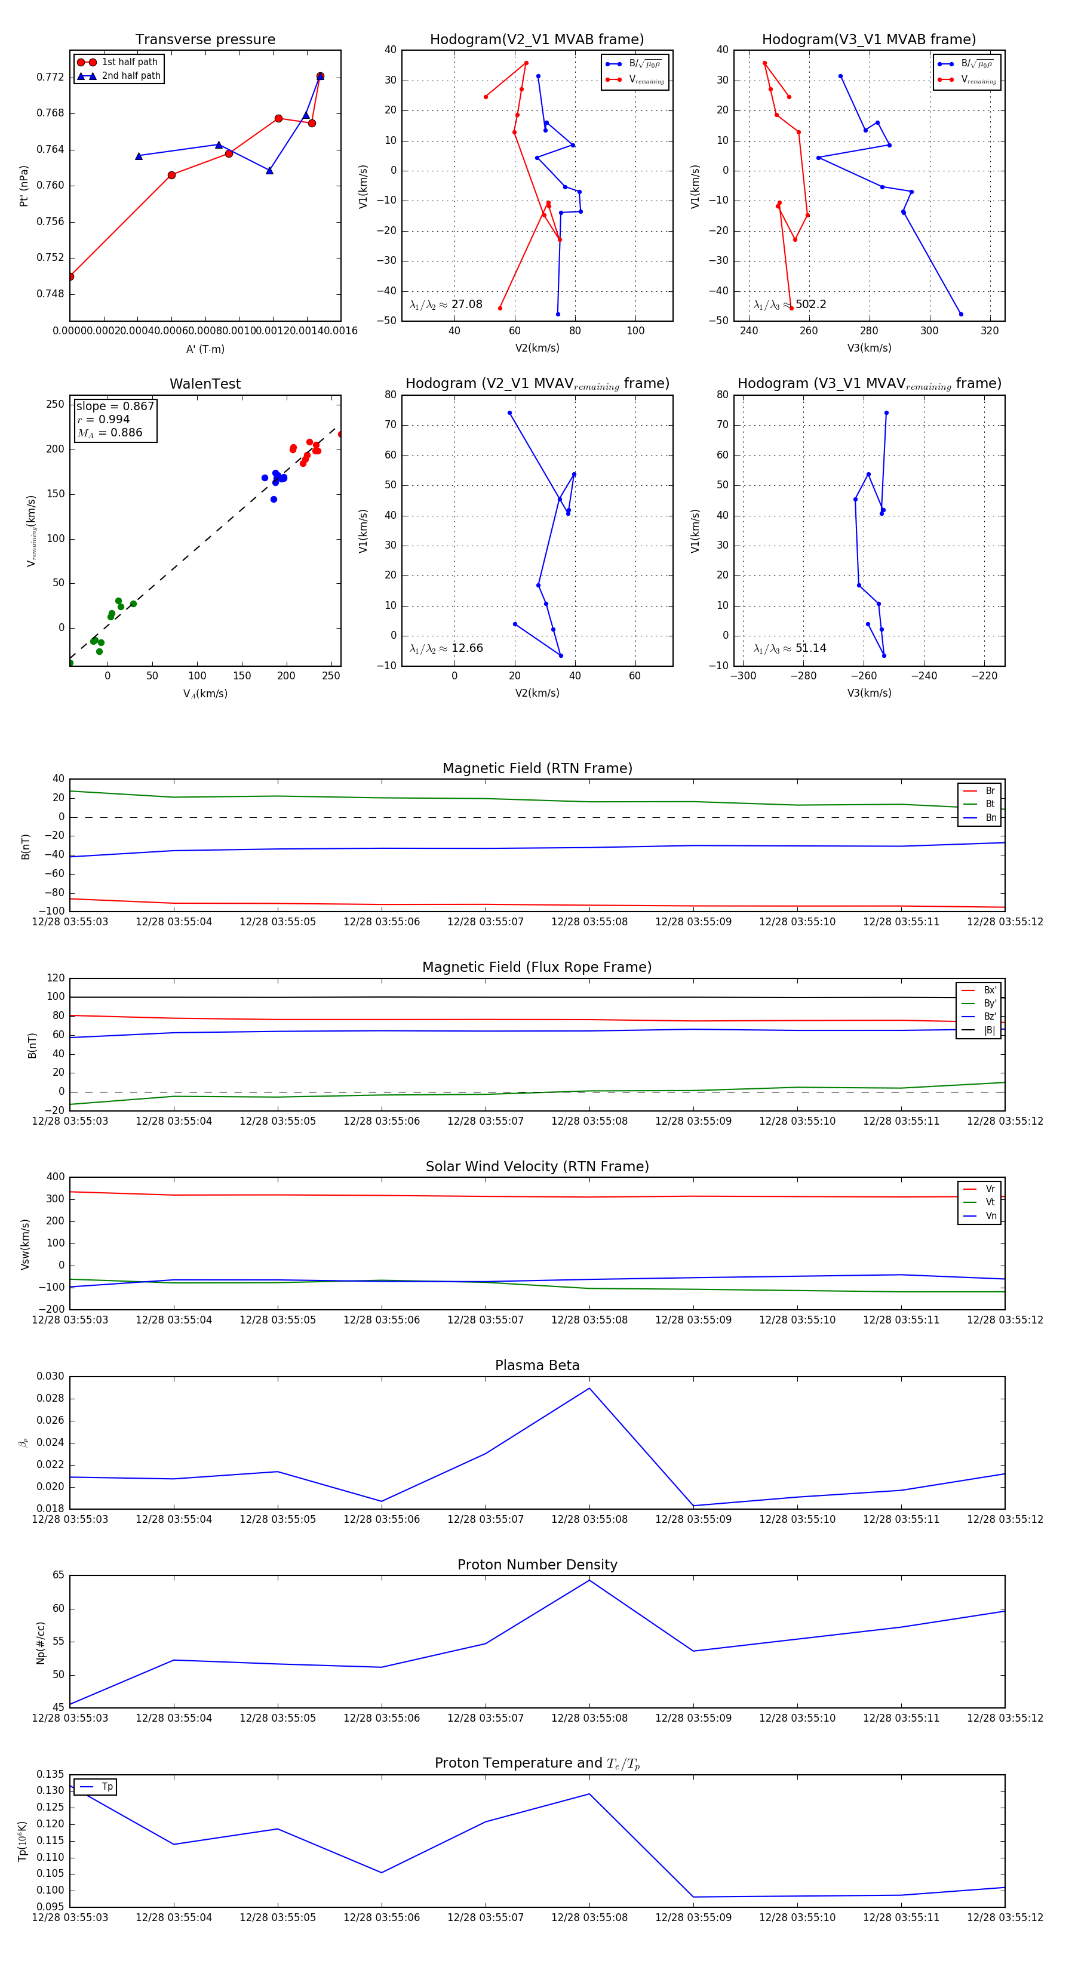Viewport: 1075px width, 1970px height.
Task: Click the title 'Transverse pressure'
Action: tap(205, 40)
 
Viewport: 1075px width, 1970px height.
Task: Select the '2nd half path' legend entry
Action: tap(131, 76)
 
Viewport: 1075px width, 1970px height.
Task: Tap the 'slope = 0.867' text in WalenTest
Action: tap(115, 406)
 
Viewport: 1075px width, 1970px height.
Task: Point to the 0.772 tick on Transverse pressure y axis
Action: tap(51, 77)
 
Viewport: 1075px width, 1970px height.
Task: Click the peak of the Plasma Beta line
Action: tap(589, 1388)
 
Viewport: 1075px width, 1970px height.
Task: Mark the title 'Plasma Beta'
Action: tap(537, 1365)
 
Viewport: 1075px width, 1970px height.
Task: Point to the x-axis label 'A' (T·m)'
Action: tap(205, 349)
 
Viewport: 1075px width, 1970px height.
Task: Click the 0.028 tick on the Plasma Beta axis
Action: tap(51, 1398)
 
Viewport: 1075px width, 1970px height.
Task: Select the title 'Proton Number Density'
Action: tap(537, 1564)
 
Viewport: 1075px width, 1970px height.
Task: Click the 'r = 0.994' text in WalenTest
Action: tap(103, 419)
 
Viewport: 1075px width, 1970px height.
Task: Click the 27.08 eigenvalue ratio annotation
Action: tap(466, 304)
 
